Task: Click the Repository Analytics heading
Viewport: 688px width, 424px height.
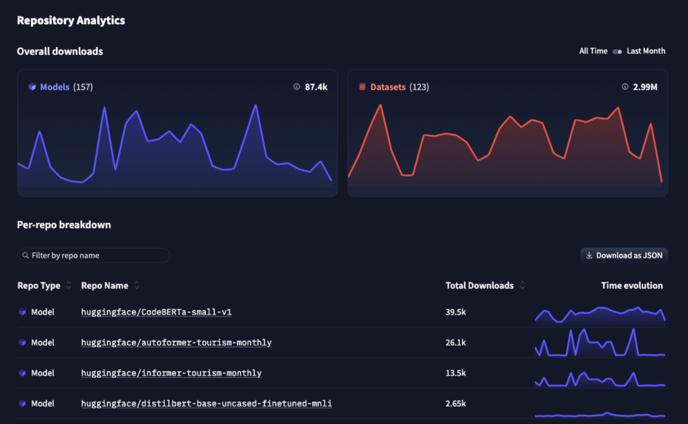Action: point(70,20)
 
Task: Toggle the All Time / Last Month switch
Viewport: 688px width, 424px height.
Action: point(617,51)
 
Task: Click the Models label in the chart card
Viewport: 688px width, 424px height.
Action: point(54,87)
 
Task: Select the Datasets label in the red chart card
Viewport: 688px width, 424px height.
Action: point(388,87)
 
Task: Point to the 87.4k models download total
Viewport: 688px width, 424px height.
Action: point(316,87)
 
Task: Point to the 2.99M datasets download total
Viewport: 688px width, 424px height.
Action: point(645,87)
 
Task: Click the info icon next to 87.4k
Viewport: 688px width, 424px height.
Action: point(296,87)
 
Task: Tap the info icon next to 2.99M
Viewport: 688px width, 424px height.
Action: point(625,87)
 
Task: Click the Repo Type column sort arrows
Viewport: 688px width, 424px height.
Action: point(69,286)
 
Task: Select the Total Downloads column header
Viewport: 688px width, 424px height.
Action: point(480,286)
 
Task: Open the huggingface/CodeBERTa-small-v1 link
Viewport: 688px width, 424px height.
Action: point(156,312)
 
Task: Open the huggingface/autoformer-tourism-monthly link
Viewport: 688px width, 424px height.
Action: point(176,343)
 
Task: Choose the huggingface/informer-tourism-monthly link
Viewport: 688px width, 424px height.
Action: point(171,373)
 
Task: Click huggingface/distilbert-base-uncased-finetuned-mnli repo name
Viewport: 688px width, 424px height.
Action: point(207,404)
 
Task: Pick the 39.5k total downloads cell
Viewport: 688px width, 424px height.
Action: point(456,312)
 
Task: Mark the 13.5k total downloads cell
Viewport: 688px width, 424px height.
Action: point(456,373)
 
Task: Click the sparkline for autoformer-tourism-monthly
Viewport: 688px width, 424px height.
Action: point(600,343)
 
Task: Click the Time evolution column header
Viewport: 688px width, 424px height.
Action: point(631,286)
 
